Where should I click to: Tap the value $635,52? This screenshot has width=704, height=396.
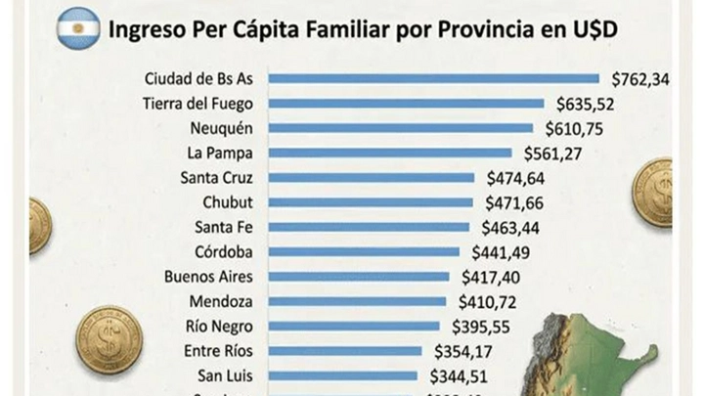pyautogui.click(x=586, y=103)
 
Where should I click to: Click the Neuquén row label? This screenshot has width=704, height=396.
pyautogui.click(x=226, y=127)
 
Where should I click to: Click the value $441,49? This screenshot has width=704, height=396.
pyautogui.click(x=494, y=252)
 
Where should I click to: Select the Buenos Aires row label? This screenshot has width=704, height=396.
pyautogui.click(x=210, y=277)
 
